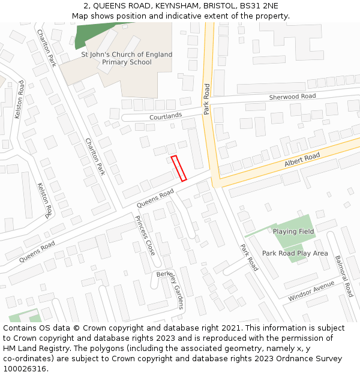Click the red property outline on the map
click(x=179, y=168)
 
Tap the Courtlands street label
click(x=166, y=115)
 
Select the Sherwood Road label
click(x=292, y=97)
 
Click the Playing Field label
click(x=293, y=232)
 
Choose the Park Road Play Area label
click(x=295, y=253)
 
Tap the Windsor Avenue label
click(x=311, y=292)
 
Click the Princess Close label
click(x=146, y=235)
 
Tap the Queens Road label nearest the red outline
click(x=155, y=199)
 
